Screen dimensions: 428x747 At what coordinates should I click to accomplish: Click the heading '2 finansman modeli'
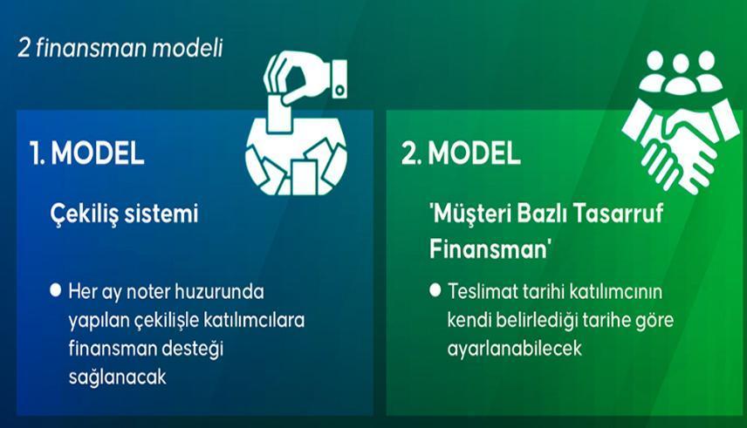point(120,48)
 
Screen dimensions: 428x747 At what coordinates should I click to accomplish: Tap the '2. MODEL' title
point(461,153)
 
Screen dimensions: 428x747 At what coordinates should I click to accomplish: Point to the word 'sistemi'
point(166,213)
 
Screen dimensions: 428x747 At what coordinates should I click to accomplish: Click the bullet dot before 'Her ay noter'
point(56,289)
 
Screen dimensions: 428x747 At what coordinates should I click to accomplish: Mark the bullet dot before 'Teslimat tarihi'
point(434,289)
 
